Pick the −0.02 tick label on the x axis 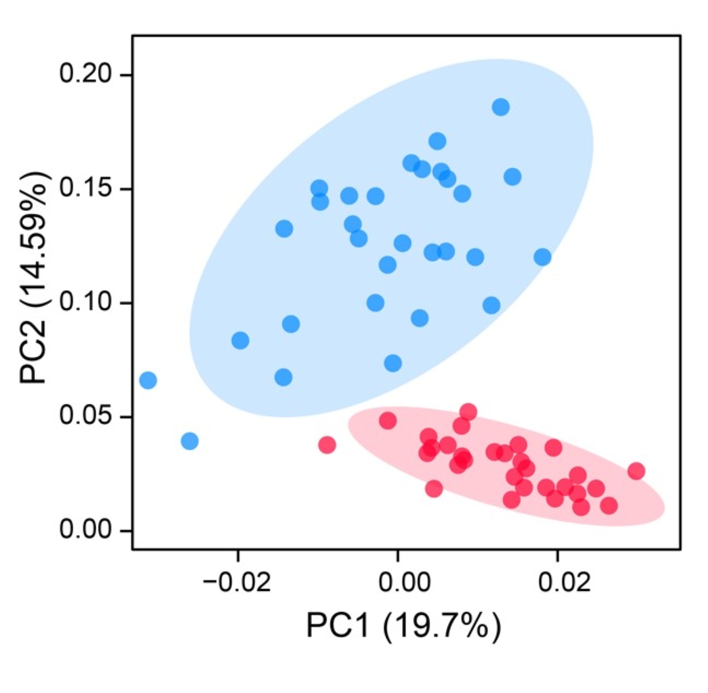tap(237, 583)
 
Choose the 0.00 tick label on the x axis tap(398, 583)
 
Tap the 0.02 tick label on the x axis tap(558, 583)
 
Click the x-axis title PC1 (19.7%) tap(403, 626)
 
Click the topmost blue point tap(501, 107)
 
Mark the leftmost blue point tap(148, 380)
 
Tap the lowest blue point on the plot tap(189, 441)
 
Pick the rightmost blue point tap(542, 257)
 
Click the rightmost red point tap(636, 471)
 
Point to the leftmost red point tap(327, 445)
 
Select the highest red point tap(468, 412)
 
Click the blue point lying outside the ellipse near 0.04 tap(189, 441)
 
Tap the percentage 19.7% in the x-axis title tap(441, 626)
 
